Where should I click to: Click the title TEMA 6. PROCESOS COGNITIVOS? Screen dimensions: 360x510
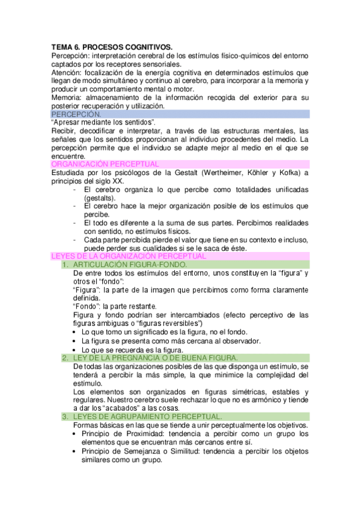click(112, 46)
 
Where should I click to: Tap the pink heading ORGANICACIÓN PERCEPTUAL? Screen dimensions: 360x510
click(105, 164)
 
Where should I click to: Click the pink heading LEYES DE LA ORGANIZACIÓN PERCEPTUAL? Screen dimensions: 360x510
click(129, 256)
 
